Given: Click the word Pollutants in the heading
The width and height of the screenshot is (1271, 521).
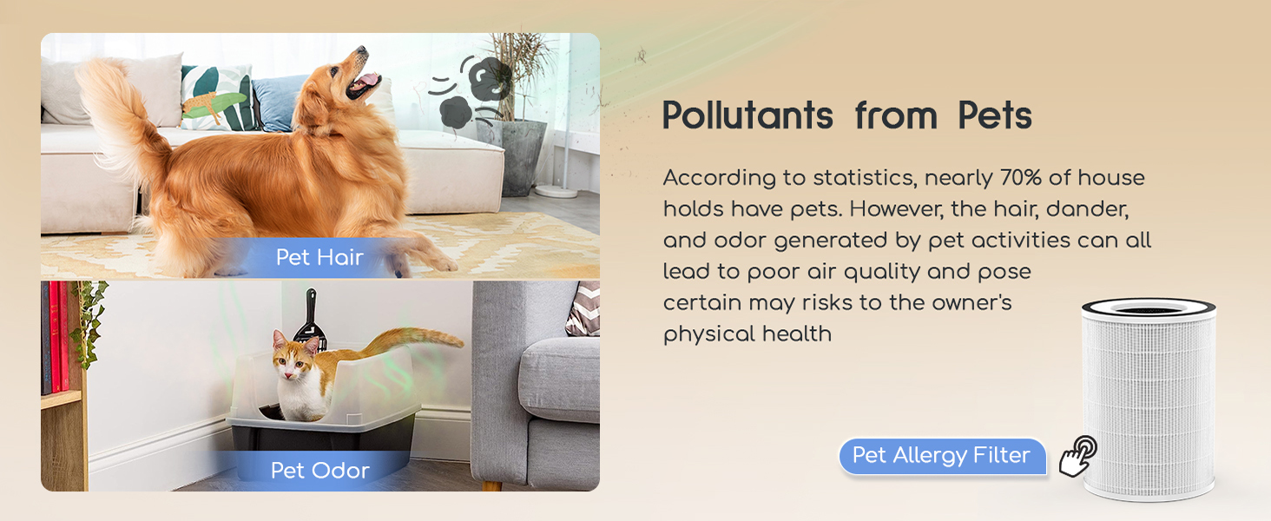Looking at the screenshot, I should [x=747, y=115].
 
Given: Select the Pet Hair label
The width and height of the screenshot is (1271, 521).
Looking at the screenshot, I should [x=319, y=257].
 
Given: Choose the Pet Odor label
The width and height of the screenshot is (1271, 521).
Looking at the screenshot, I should [x=319, y=470].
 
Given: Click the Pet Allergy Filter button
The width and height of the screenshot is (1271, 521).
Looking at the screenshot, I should [x=941, y=456].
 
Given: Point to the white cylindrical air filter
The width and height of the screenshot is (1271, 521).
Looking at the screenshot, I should [x=1148, y=399].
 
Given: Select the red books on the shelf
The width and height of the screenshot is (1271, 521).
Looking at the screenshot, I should [x=57, y=339].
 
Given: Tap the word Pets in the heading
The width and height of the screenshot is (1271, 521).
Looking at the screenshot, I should [x=995, y=115].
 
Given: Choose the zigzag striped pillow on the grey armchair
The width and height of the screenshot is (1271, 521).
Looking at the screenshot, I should [x=584, y=309].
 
